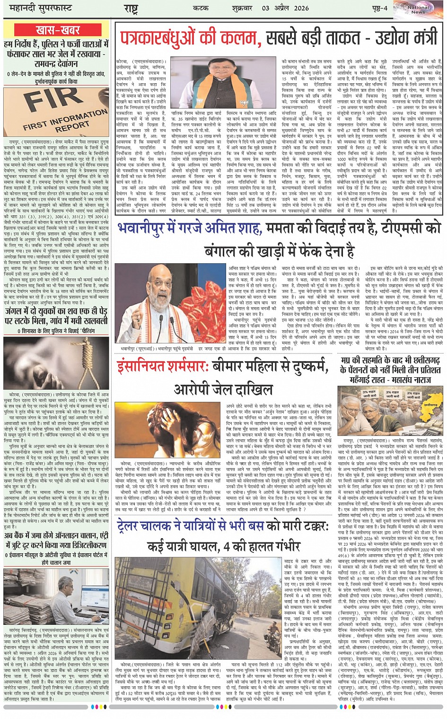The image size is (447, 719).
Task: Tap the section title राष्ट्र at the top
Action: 131,9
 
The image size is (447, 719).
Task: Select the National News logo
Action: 418,9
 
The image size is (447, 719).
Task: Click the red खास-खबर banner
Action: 57,31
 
